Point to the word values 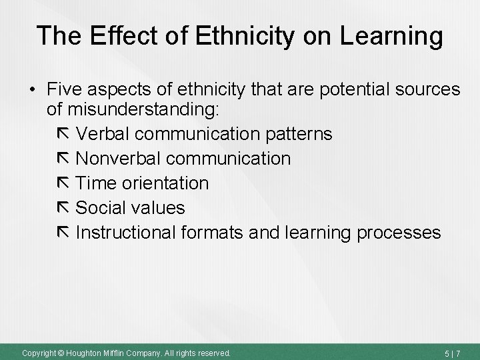158,208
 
